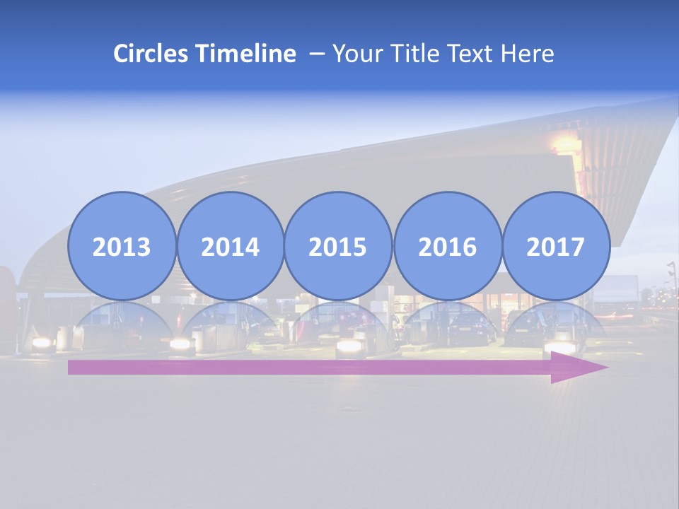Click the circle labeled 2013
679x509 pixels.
coord(122,246)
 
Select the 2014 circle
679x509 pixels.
coord(230,246)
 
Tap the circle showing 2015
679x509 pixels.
coord(338,246)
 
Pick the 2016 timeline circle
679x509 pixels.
coord(447,246)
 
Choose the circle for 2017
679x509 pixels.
coord(555,246)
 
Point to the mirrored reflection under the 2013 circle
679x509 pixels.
coord(122,322)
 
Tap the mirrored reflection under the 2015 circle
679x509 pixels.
coord(338,322)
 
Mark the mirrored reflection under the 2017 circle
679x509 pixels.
coord(555,322)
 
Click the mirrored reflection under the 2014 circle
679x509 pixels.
coord(230,322)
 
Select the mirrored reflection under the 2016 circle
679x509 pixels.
coord(447,322)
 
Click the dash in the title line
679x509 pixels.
coord(316,54)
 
